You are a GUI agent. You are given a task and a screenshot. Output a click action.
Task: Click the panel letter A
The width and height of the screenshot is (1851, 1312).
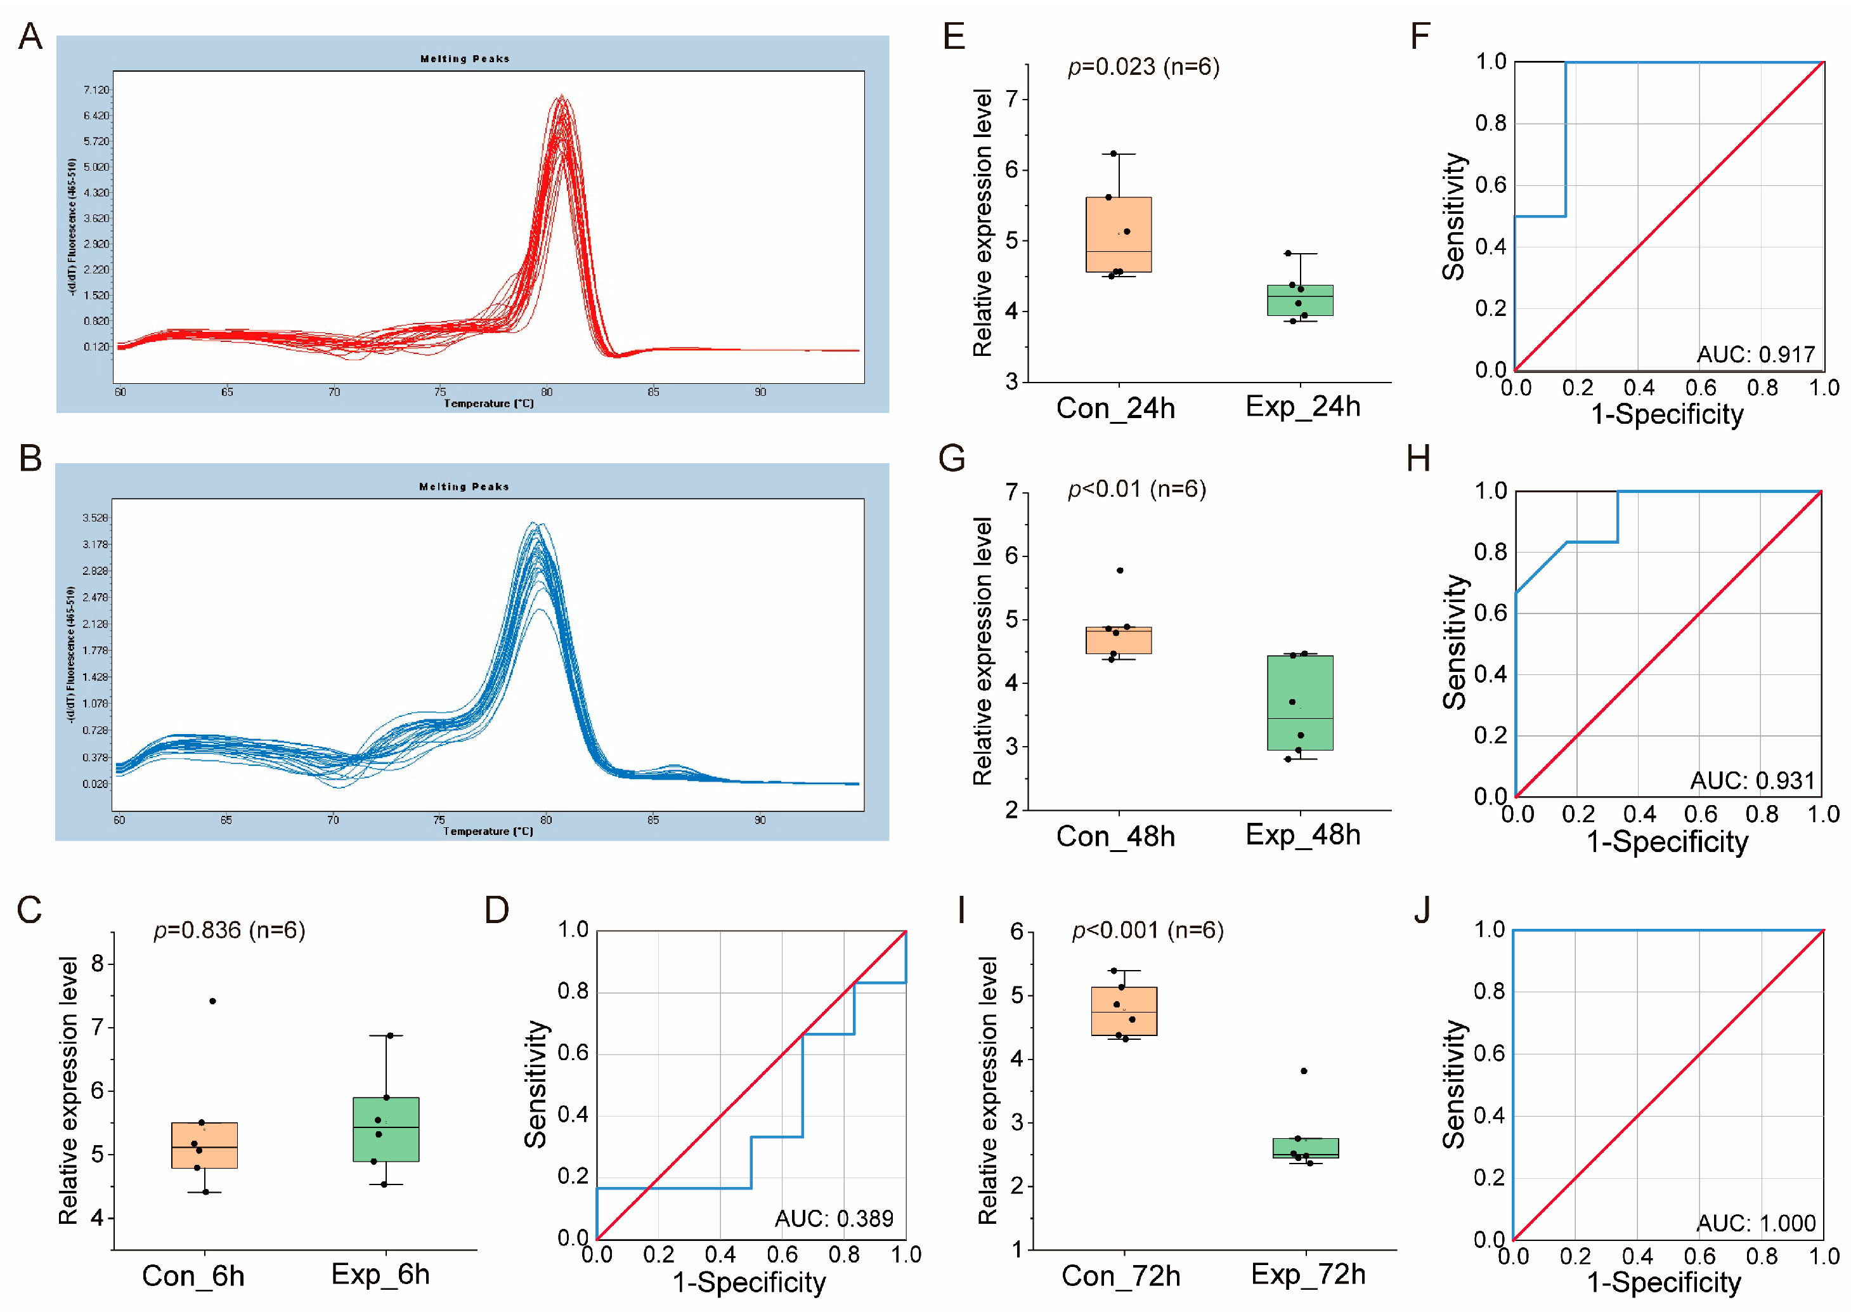click(30, 36)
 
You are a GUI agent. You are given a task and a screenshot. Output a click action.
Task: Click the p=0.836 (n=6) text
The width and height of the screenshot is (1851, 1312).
click(230, 931)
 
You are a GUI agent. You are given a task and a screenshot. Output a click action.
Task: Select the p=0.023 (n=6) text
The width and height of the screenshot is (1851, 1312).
click(1143, 67)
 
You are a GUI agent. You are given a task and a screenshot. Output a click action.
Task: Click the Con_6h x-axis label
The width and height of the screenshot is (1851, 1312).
click(193, 1276)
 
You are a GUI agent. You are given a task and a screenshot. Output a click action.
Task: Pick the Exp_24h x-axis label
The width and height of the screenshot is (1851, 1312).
click(1302, 407)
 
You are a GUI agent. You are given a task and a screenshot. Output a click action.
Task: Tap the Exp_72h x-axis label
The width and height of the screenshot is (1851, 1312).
click(1308, 1275)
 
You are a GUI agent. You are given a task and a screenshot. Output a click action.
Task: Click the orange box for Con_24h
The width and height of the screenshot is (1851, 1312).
click(1119, 234)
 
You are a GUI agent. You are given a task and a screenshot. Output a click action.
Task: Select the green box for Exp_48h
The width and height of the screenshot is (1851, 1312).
click(1299, 703)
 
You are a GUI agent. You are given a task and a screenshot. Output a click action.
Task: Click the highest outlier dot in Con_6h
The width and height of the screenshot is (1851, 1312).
click(212, 1001)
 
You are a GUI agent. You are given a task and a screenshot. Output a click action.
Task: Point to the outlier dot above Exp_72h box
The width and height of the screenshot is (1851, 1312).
click(1304, 1072)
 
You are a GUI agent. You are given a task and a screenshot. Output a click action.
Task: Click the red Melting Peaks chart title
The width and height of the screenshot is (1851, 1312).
click(464, 59)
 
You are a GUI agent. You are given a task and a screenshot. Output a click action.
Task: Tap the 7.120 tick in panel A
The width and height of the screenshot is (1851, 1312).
click(96, 89)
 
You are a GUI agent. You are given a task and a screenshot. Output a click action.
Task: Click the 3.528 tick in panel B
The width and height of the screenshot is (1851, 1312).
click(94, 518)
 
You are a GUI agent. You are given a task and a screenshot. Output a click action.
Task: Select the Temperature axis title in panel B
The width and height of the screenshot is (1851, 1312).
click(488, 831)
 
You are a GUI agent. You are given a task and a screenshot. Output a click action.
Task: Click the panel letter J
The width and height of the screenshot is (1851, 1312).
click(1422, 910)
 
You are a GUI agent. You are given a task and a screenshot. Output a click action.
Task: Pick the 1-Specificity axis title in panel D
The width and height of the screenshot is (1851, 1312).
click(749, 1283)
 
